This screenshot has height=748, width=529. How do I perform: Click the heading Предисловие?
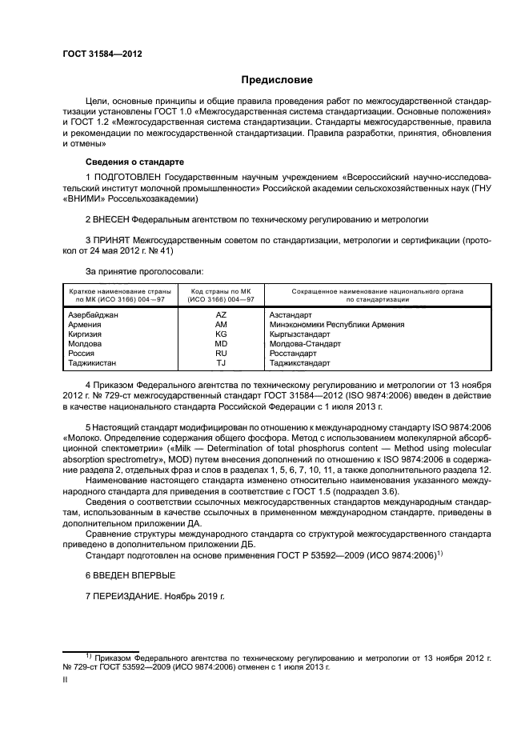click(x=277, y=79)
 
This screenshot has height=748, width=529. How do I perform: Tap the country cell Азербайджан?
click(x=94, y=315)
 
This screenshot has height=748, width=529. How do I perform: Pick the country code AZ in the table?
click(x=221, y=315)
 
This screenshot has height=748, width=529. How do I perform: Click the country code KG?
click(x=221, y=334)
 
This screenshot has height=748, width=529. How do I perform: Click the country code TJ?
click(x=221, y=362)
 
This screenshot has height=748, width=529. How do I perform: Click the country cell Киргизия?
click(x=86, y=334)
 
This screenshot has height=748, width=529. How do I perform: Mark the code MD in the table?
click(x=221, y=343)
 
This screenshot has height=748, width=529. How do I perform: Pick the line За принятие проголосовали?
click(x=144, y=273)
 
